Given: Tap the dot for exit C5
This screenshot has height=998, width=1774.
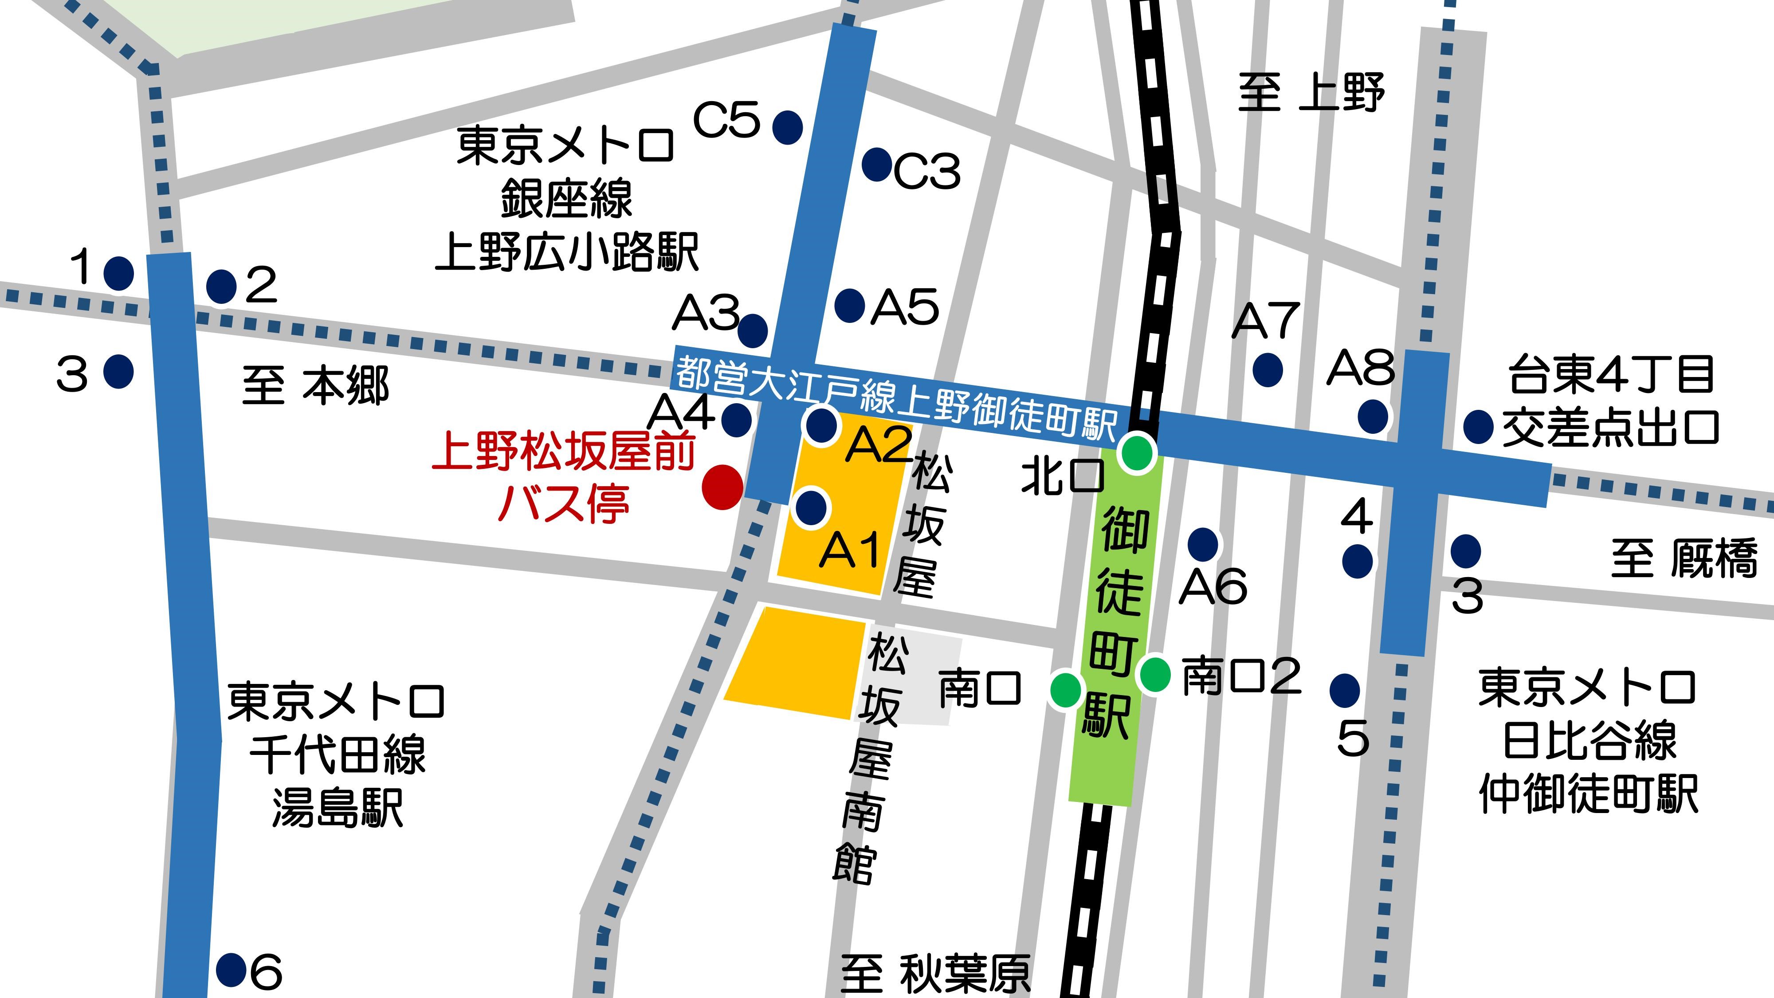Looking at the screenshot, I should (787, 127).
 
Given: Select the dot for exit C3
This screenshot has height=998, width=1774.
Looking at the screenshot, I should (877, 164).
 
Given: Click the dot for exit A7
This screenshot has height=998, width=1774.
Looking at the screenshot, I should (1268, 370).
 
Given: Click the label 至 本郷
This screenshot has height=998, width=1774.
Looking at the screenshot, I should (315, 385).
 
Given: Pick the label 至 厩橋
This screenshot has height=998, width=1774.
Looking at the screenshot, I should (1684, 558).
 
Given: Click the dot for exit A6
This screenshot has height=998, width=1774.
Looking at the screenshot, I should (1203, 545).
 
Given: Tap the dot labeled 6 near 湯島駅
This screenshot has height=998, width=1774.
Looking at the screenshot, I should (232, 970).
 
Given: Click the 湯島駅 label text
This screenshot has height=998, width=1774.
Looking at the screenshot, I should (338, 807).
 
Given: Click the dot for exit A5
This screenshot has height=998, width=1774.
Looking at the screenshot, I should (850, 305).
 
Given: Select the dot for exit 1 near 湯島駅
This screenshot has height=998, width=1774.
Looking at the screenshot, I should (118, 273).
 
